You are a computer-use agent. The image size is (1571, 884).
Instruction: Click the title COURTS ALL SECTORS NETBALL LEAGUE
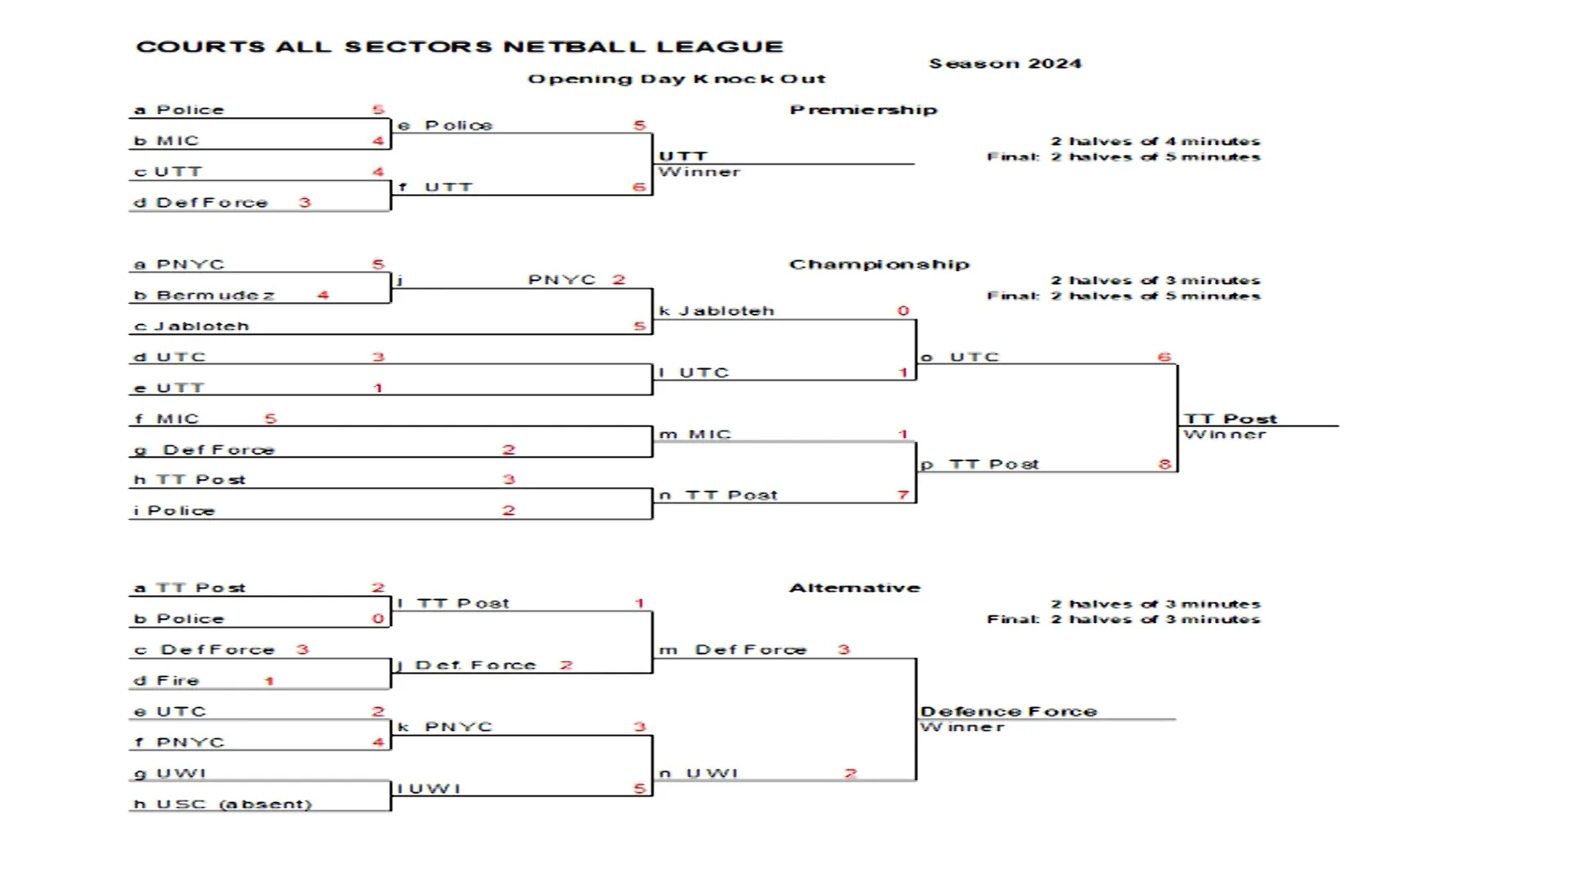459,47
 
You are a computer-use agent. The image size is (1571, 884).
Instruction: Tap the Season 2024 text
1005,64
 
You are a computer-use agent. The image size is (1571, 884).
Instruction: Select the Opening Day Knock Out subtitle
676,79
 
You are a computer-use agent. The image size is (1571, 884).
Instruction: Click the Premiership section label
863,110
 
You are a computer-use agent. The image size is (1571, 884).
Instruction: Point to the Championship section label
879,264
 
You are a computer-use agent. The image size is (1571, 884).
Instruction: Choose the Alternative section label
854,588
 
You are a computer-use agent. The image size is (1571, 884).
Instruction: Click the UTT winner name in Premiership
682,156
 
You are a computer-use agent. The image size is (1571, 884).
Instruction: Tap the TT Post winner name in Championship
1230,418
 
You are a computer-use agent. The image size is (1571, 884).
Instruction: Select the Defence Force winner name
1008,711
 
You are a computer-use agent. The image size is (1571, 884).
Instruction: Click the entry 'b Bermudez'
205,295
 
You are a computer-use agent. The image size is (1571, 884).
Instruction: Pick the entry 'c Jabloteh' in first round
191,326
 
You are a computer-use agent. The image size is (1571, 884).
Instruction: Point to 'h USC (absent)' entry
223,804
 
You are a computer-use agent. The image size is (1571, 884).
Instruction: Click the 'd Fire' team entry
167,680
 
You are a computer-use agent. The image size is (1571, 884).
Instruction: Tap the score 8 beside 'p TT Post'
1164,464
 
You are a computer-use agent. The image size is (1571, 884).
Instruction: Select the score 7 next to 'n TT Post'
903,494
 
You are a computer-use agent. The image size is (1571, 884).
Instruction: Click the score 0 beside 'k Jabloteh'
903,311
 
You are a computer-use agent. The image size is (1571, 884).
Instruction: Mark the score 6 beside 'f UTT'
639,187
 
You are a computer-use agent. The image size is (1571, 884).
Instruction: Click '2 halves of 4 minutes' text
1155,142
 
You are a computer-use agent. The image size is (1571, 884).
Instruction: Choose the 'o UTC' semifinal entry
961,357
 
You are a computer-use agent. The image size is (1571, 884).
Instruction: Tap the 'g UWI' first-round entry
170,773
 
